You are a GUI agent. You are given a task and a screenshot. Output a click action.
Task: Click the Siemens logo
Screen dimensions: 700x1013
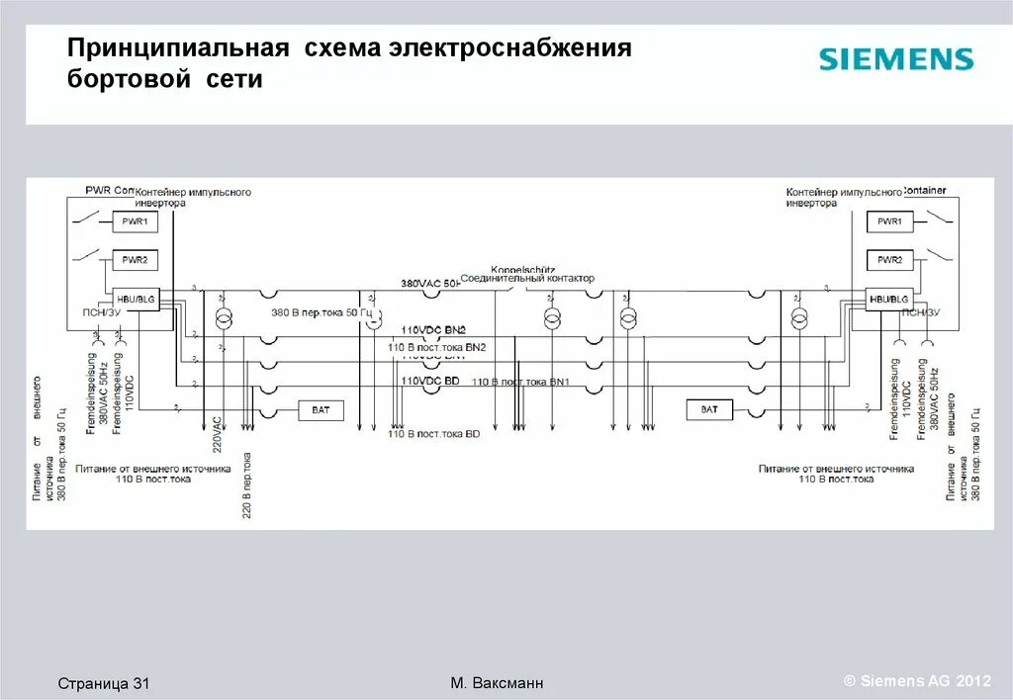(895, 59)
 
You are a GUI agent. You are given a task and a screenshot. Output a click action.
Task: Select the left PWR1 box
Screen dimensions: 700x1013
(135, 222)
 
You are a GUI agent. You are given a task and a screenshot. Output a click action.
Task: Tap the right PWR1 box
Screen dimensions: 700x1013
(888, 222)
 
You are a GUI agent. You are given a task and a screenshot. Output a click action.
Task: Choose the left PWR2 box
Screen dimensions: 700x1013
(135, 260)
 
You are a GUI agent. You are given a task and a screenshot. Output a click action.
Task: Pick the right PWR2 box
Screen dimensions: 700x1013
(888, 260)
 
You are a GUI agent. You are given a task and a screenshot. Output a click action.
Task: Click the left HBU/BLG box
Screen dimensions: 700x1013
(136, 299)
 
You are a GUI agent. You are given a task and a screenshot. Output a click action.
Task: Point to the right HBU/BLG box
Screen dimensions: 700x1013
(888, 299)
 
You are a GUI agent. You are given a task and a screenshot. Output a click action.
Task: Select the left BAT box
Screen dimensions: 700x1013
(321, 409)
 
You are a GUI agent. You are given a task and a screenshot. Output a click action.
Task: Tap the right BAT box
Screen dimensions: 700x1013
(709, 409)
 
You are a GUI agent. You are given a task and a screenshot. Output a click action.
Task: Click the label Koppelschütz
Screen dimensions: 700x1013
(522, 269)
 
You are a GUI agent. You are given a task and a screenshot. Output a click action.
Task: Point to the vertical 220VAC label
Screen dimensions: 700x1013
(217, 436)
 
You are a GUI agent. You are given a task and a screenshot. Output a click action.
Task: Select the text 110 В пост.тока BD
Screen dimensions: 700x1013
(433, 434)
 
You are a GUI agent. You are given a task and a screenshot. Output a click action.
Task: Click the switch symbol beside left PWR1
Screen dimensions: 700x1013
(90, 217)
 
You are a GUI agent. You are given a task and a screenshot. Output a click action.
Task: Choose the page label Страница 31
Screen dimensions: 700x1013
(103, 683)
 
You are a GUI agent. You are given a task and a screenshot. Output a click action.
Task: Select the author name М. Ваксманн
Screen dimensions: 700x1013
(497, 683)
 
